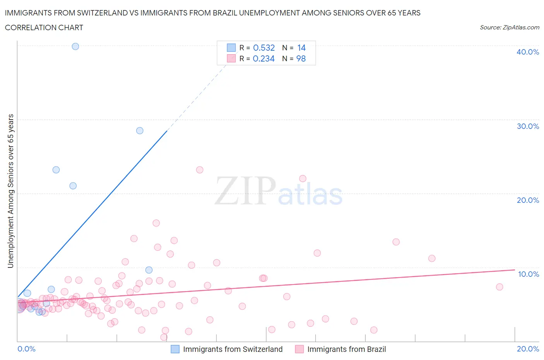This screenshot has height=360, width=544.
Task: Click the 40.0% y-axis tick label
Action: (x=527, y=52)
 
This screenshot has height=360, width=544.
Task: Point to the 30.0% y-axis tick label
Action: (x=527, y=126)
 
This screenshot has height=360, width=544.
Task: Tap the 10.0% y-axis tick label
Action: (x=528, y=274)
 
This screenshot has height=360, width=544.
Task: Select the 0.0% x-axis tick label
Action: (x=26, y=349)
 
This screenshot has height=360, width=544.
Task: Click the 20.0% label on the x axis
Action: (x=528, y=349)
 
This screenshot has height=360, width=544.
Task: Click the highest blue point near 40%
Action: (x=75, y=46)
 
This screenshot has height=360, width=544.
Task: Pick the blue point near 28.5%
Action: (x=140, y=130)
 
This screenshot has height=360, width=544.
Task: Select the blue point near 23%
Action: (x=56, y=170)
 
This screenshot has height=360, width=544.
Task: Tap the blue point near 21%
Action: (x=73, y=186)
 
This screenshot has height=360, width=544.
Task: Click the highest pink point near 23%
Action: (x=200, y=170)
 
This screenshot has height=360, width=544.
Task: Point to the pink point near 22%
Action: (x=303, y=178)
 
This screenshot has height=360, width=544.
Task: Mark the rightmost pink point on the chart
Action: (x=500, y=287)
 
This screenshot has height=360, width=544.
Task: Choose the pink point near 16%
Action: (x=156, y=223)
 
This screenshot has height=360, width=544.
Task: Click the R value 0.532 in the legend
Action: (x=263, y=48)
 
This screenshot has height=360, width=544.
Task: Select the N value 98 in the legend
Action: (x=301, y=58)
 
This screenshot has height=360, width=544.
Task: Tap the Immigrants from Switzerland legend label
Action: (x=233, y=349)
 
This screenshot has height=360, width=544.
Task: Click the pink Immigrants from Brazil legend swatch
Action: (x=299, y=349)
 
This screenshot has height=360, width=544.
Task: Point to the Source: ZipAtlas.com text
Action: (x=509, y=27)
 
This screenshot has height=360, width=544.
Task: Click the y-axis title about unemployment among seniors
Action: (x=10, y=191)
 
